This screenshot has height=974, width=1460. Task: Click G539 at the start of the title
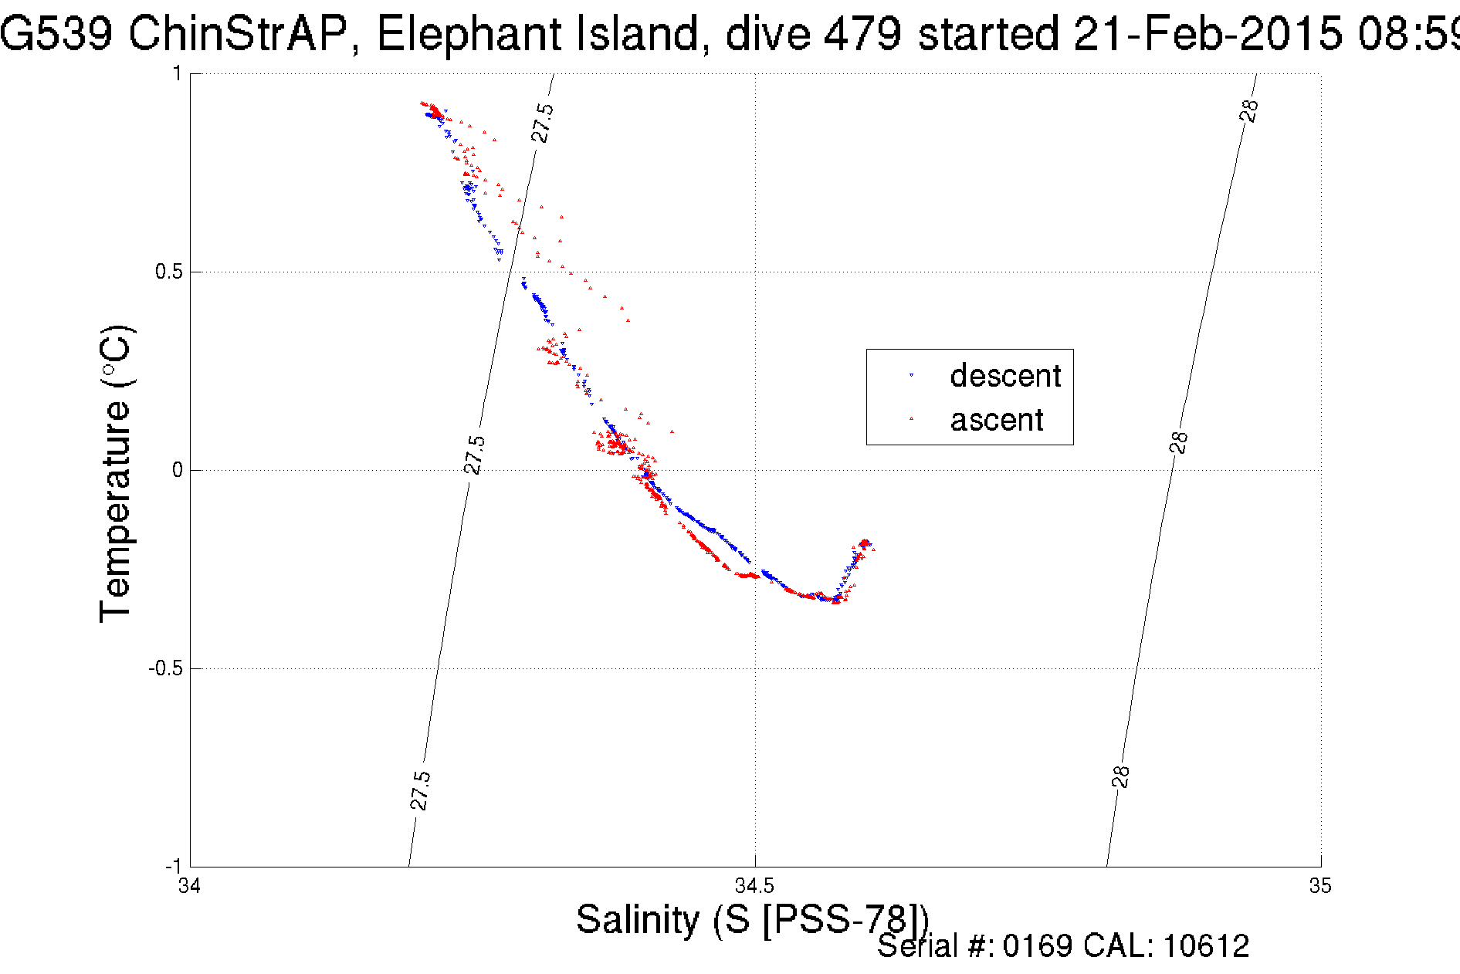click(x=56, y=34)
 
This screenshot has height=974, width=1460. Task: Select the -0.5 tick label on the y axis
click(x=165, y=668)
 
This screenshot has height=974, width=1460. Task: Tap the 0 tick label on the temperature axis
click(x=178, y=470)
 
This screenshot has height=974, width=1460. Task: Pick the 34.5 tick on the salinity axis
click(x=754, y=885)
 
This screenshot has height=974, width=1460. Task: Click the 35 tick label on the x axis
click(x=1320, y=885)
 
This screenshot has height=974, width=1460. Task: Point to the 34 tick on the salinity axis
click(x=189, y=885)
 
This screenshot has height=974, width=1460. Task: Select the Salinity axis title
click(x=752, y=919)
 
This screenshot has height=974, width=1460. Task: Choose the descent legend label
click(x=1005, y=376)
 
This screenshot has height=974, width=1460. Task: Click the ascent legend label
click(x=996, y=420)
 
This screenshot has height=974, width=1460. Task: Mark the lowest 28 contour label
click(x=1121, y=776)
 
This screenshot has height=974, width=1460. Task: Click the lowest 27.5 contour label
click(x=420, y=790)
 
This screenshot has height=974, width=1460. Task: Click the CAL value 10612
click(x=1205, y=946)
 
